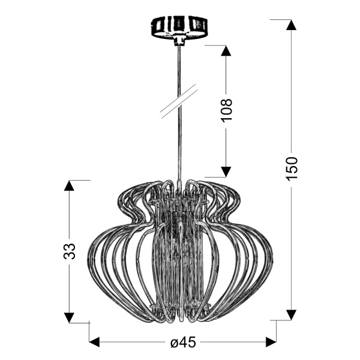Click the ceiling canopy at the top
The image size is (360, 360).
coord(178,27)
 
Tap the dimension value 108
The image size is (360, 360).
coord(227,111)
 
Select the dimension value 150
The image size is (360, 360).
coord(292,169)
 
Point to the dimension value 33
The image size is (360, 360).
coord(70,251)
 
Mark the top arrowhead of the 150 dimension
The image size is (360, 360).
coord(292,25)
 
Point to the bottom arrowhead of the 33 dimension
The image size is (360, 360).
coord(70,317)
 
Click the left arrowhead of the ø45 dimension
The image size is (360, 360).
coord(95,343)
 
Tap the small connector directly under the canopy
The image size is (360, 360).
coord(178,42)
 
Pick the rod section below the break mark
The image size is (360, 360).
coord(178,144)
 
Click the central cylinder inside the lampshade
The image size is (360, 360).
coord(178,252)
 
